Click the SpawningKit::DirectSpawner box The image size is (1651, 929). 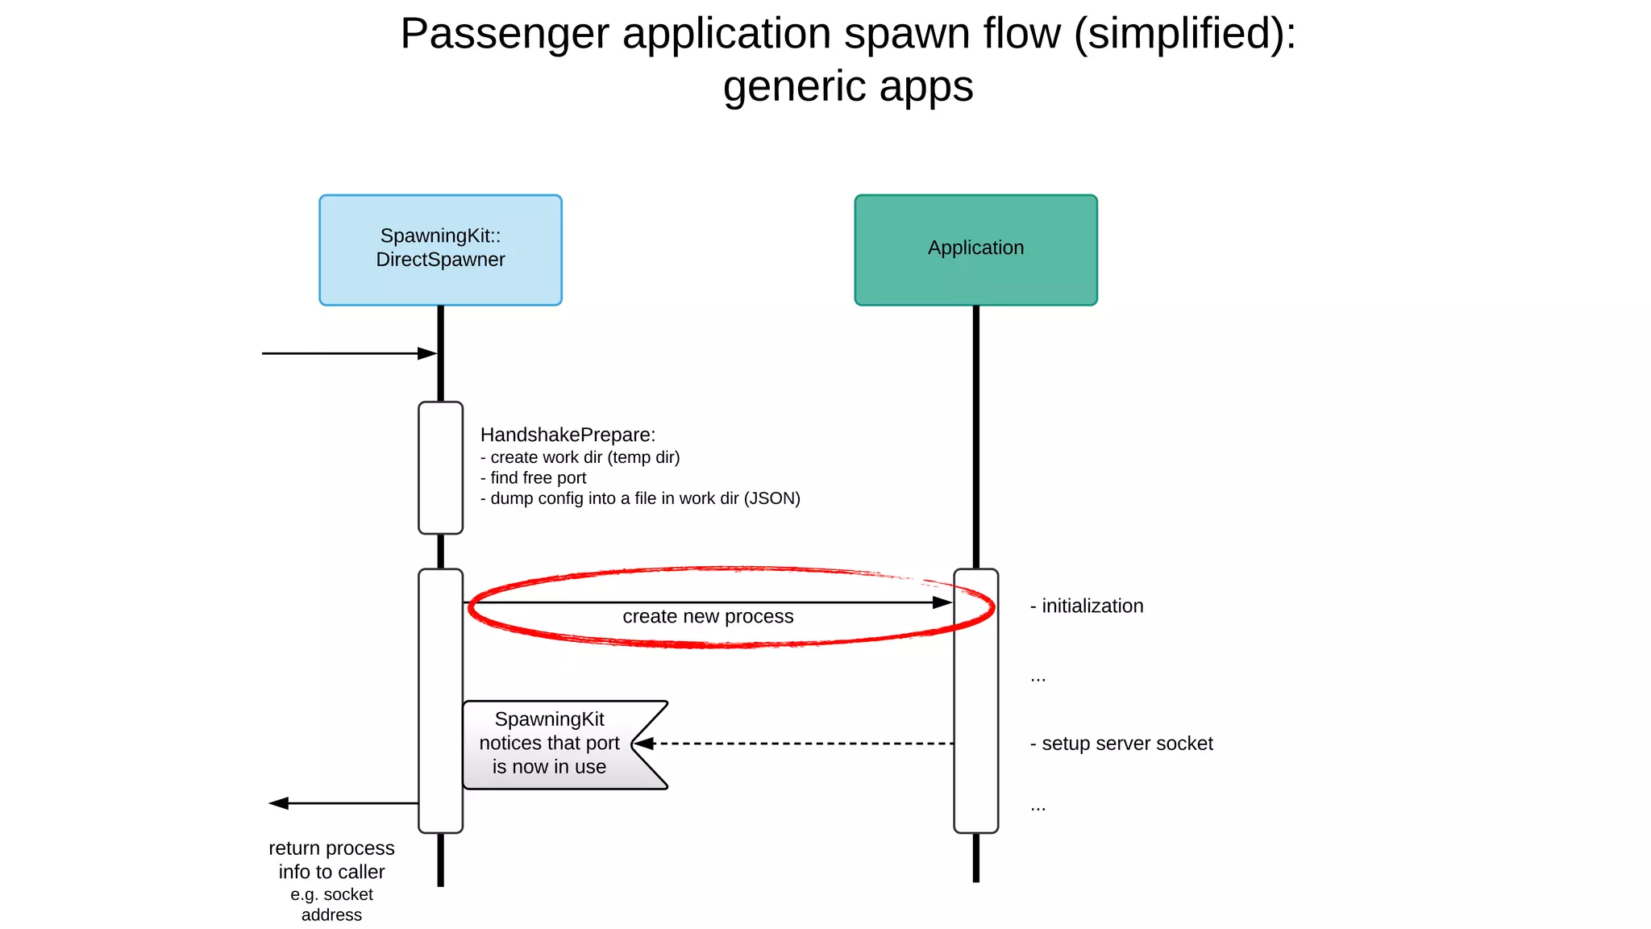coord(440,249)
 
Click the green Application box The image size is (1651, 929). coord(975,249)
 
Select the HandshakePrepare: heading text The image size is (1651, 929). coord(568,435)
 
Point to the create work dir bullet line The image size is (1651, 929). coord(580,457)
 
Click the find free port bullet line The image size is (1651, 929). coord(534,478)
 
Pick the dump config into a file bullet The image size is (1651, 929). coord(641,498)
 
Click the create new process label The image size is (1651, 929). coord(708,617)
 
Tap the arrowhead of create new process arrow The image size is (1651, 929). coord(942,602)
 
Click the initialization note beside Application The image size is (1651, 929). coord(1087,606)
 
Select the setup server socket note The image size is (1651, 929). coord(1121,744)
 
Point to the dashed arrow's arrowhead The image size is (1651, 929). coord(644,744)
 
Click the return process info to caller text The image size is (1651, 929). coord(331,860)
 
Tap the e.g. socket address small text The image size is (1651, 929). coord(331,905)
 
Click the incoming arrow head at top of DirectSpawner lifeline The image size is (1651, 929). coord(427,353)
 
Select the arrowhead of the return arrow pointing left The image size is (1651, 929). coord(279,803)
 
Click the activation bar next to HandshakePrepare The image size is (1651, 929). coord(440,468)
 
